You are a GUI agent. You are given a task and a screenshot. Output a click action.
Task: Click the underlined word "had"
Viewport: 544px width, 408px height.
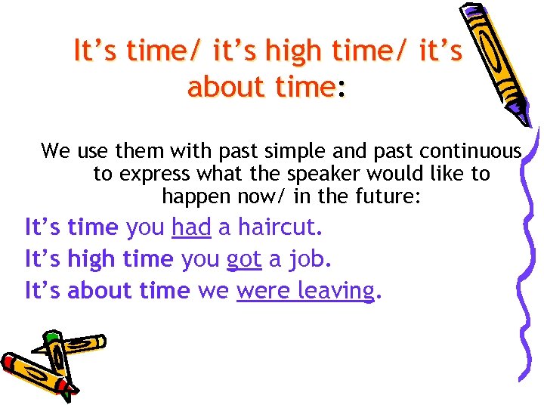191,227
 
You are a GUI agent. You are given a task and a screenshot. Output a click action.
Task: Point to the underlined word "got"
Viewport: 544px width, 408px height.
244,258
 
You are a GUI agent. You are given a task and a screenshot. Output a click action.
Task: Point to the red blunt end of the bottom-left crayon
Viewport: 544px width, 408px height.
9,361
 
